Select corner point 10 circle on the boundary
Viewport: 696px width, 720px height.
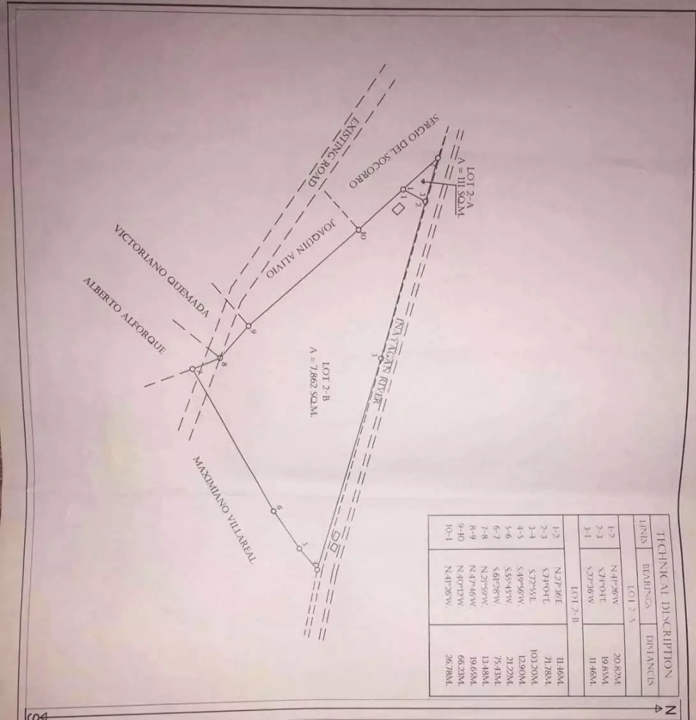[358, 230]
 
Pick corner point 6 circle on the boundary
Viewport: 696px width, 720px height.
[274, 510]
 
